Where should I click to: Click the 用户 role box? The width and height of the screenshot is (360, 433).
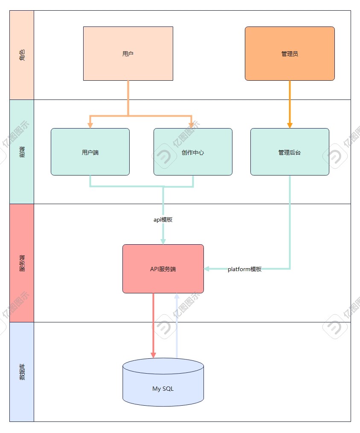point(128,53)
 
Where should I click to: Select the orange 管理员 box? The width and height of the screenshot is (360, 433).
point(290,53)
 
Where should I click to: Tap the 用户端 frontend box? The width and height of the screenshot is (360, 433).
point(90,152)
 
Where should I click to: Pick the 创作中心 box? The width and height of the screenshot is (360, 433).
point(193,152)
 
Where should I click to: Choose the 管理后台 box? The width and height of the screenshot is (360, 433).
point(290,152)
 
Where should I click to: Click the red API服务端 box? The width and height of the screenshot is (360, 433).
point(163,269)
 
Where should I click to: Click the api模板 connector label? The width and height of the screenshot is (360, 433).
point(163,219)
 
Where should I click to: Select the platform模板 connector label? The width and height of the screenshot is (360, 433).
point(244,269)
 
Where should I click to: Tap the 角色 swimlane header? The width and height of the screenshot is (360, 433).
point(22,55)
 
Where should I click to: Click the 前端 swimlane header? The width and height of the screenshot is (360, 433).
point(22,152)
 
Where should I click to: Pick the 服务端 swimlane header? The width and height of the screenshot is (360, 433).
point(22,263)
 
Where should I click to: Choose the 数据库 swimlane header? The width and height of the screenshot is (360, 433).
point(22,372)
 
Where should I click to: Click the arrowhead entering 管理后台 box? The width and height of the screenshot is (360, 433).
point(290,125)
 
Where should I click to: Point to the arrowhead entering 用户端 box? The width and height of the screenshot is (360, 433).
point(90,125)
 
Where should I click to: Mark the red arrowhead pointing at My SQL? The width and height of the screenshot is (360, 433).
point(153,355)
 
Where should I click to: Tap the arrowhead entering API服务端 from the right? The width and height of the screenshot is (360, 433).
point(207,269)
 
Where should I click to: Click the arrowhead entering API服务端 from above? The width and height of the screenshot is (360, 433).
point(163,241)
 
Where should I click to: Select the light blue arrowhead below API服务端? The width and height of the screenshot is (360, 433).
point(177,296)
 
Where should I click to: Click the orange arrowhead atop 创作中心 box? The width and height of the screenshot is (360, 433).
point(192,125)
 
